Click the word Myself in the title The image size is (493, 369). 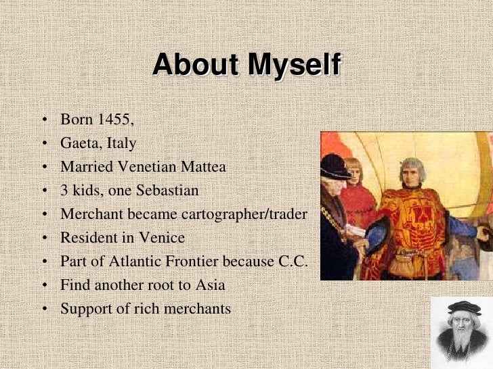coord(294,65)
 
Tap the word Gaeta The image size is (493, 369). coord(79,143)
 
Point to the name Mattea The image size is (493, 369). coord(202,167)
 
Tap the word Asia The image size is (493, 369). coord(210,285)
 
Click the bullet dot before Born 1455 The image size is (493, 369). coord(44,121)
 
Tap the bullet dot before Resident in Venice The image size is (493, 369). coord(44,239)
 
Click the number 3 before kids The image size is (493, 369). coord(64,191)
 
